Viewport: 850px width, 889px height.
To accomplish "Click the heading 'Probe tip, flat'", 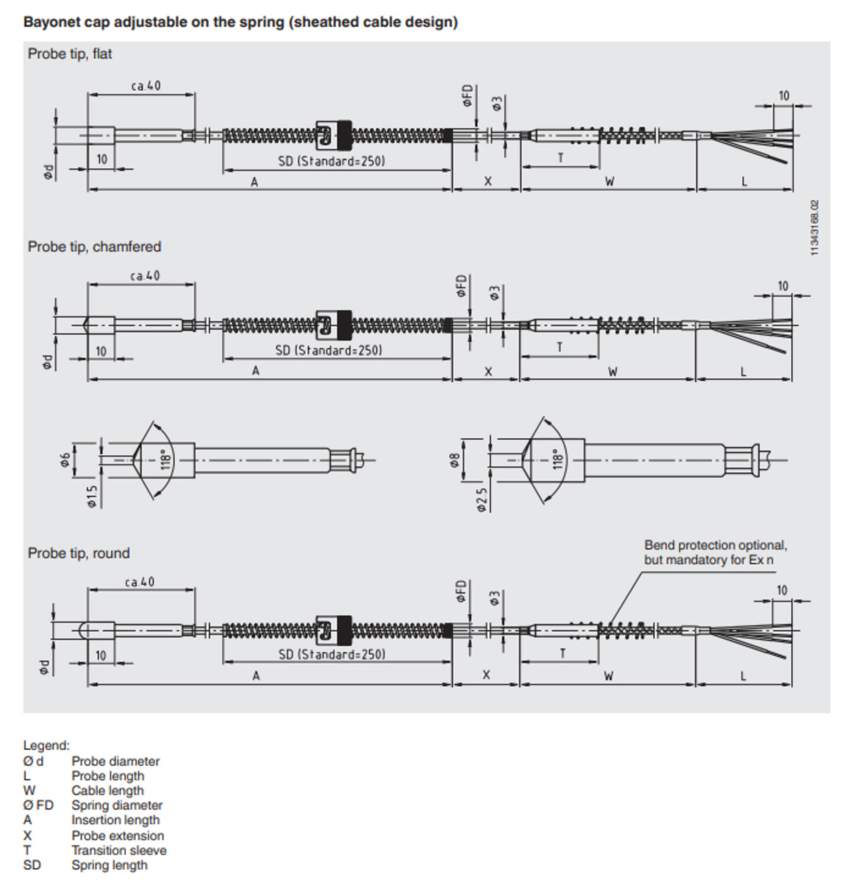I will [x=69, y=54].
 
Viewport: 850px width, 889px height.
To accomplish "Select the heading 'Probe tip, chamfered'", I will [x=94, y=247].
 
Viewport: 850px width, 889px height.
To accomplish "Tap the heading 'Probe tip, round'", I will [x=78, y=553].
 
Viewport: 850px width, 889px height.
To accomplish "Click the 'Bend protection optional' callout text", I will [x=715, y=545].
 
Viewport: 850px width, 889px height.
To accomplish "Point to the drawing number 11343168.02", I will [x=815, y=228].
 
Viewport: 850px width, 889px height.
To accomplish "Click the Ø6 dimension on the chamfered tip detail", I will [x=65, y=459].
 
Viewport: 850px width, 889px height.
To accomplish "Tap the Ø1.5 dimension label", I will [x=91, y=496].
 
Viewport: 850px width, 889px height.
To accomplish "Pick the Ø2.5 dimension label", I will [x=482, y=500].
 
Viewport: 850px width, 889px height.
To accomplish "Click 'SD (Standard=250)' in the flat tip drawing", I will [x=331, y=161].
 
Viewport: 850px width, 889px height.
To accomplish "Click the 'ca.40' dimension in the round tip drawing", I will [x=139, y=582].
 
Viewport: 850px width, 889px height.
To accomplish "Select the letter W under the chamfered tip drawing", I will [x=612, y=372].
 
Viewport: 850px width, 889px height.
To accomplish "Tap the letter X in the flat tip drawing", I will [x=487, y=181].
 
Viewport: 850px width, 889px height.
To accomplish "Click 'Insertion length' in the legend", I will [x=116, y=820].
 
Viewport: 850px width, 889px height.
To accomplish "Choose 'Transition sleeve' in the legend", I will [x=119, y=850].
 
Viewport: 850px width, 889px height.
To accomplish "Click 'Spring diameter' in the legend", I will [x=117, y=805].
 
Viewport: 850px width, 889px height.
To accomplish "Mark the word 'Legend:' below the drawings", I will [x=46, y=746].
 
